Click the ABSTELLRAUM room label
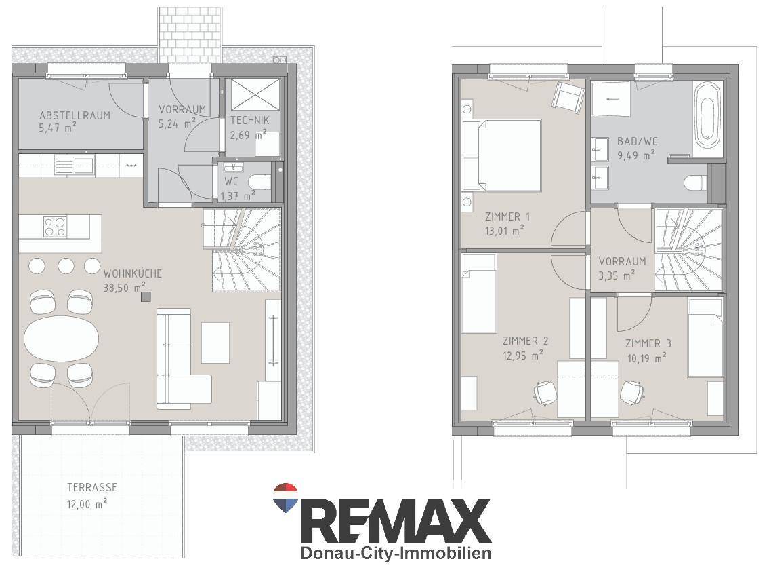(x=75, y=116)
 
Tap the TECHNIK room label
(x=250, y=120)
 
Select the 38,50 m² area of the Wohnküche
(x=124, y=288)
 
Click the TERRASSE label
(x=92, y=487)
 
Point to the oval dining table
(x=62, y=339)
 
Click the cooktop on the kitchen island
(x=54, y=227)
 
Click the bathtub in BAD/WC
(x=707, y=114)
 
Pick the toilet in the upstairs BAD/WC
(x=695, y=183)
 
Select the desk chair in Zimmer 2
(x=545, y=393)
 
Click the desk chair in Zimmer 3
(x=632, y=392)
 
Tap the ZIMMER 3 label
(x=648, y=343)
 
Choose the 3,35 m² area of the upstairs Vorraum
(x=617, y=275)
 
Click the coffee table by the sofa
(x=215, y=343)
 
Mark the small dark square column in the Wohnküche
(x=146, y=296)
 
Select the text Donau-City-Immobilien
(x=396, y=553)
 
